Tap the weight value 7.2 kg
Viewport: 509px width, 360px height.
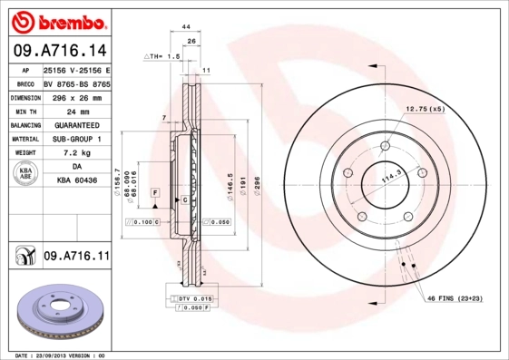coord(77,153)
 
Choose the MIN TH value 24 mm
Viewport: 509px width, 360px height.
coord(77,111)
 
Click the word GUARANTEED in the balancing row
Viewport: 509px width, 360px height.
coord(77,125)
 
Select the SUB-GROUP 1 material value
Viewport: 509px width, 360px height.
coord(77,139)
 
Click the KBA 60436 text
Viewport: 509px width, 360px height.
coord(77,181)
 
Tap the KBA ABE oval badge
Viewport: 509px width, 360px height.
coord(25,175)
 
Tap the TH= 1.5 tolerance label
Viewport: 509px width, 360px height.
coord(164,56)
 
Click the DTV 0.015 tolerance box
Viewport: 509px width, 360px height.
coord(194,298)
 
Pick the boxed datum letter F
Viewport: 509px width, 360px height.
coord(156,194)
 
